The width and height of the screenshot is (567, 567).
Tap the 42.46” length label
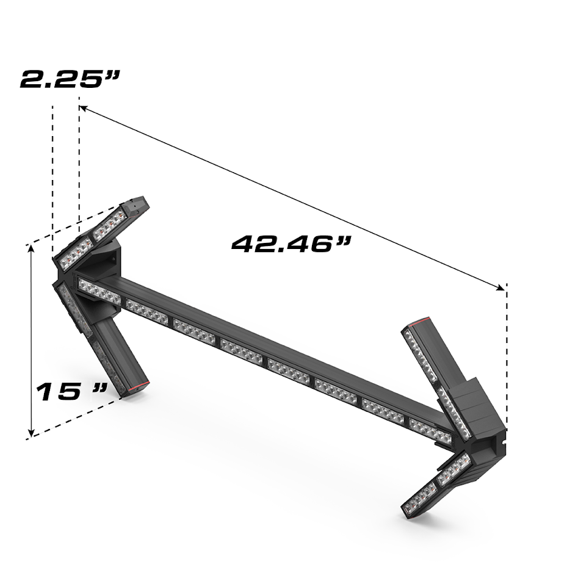292,244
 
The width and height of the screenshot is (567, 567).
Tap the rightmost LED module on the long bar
431,430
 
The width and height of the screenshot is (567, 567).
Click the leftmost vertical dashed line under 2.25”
53,177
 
